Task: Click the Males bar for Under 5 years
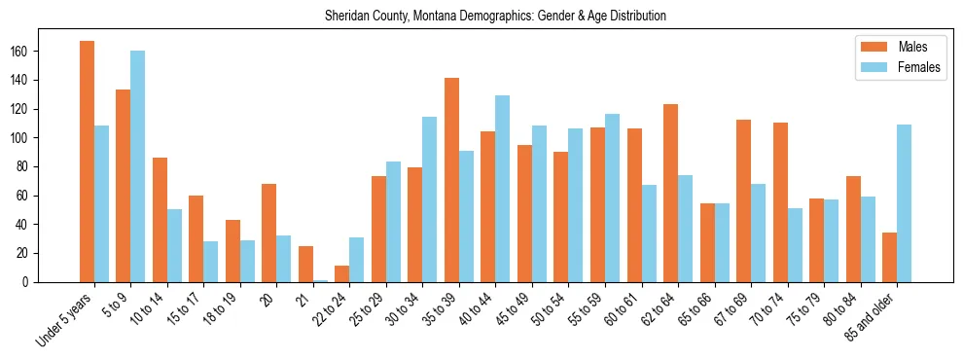tap(87, 162)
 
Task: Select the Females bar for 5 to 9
tap(138, 166)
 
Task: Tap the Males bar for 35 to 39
tap(451, 180)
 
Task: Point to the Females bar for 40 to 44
tap(503, 189)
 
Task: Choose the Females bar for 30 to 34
tap(430, 199)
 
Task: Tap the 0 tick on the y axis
tap(60, 282)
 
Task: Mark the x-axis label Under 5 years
tap(66, 317)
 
